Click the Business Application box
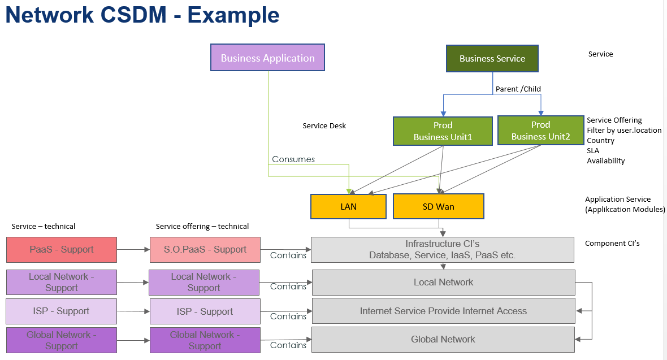click(x=267, y=58)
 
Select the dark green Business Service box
click(x=492, y=58)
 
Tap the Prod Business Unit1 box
click(x=443, y=131)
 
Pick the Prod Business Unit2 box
click(x=540, y=130)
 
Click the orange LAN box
click(x=348, y=206)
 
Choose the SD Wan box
click(x=439, y=206)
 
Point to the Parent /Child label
click(x=518, y=89)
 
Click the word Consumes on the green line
click(x=293, y=159)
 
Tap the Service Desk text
click(x=324, y=125)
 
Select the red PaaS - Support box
click(x=62, y=249)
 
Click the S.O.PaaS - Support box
click(x=205, y=249)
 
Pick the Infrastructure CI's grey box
click(x=443, y=249)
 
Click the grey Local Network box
click(x=444, y=282)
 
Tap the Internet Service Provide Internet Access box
click(x=444, y=311)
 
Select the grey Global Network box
click(x=443, y=339)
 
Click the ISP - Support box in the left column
click(x=61, y=311)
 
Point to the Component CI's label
click(x=612, y=244)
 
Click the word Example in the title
click(x=233, y=15)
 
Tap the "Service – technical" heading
click(x=44, y=227)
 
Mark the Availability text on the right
click(x=606, y=161)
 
